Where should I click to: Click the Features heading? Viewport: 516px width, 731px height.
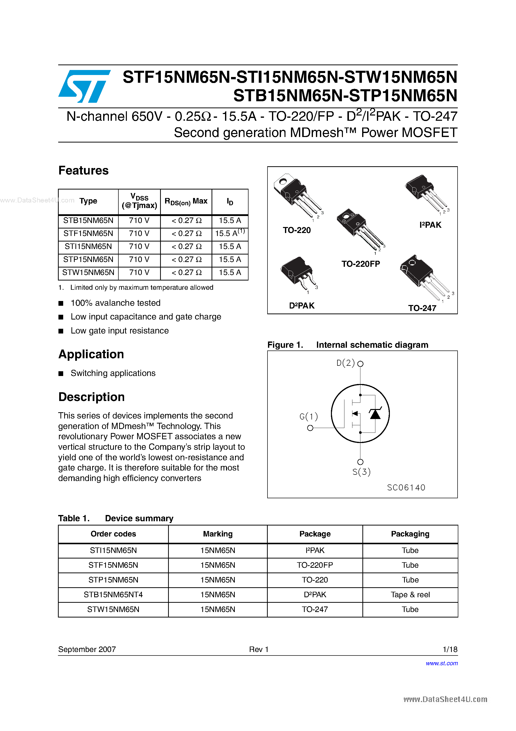click(x=83, y=171)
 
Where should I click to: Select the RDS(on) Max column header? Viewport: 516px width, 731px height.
click(x=186, y=201)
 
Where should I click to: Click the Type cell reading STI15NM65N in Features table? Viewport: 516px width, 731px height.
click(x=88, y=246)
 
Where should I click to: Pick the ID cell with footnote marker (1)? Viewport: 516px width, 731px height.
click(x=230, y=233)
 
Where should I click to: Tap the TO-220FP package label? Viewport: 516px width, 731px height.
click(x=360, y=264)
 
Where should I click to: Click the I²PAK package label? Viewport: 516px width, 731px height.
click(x=430, y=225)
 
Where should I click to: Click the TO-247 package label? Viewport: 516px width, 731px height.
click(x=422, y=308)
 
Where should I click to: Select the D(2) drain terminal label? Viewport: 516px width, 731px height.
click(x=345, y=363)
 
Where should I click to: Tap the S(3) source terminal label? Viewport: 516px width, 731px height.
click(x=361, y=472)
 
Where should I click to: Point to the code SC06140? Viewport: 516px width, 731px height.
click(x=406, y=488)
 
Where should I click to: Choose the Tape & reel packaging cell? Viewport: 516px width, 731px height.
click(x=410, y=595)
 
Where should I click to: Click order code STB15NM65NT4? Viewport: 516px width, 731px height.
click(x=113, y=595)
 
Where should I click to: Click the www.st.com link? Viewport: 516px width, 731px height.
click(x=442, y=663)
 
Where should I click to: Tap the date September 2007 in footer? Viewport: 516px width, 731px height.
click(x=87, y=649)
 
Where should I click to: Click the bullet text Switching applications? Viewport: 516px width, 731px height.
click(x=113, y=373)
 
